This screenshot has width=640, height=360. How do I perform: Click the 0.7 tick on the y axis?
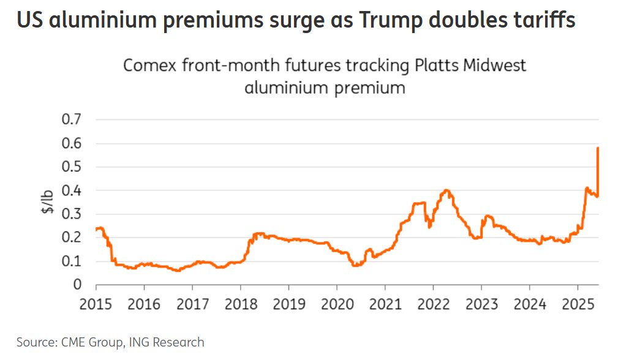[x=72, y=119]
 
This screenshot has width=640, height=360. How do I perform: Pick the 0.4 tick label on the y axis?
[x=72, y=190]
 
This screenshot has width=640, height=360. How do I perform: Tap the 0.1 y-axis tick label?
[x=72, y=261]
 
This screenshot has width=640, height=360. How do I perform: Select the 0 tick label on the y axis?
[x=78, y=285]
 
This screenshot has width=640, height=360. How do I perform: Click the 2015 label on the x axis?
[x=96, y=303]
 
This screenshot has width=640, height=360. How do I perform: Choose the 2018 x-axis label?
[x=241, y=303]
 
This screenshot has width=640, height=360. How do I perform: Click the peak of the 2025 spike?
[x=598, y=148]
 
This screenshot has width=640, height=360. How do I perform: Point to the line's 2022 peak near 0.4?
[x=446, y=190]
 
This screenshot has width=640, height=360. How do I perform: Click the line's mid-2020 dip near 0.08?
[x=356, y=265]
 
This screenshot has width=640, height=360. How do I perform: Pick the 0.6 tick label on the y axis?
[x=72, y=143]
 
